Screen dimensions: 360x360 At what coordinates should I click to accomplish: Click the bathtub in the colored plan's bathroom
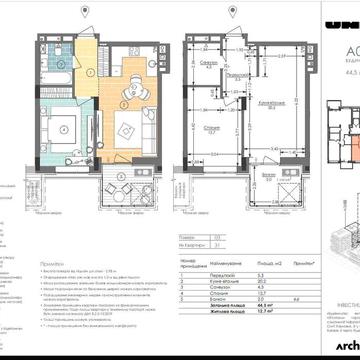(55, 56)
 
